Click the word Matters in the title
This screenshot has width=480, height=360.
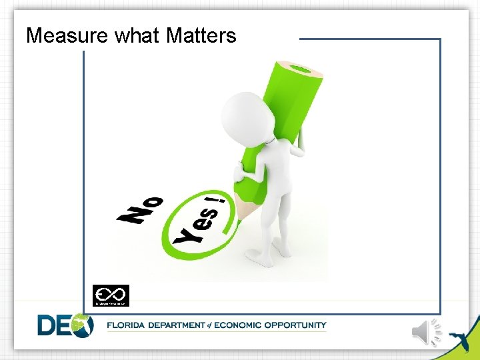click(201, 35)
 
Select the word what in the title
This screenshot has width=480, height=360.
click(137, 35)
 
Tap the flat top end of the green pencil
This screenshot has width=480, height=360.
click(303, 69)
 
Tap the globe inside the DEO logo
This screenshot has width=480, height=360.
click(83, 325)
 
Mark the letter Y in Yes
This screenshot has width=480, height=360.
click(184, 235)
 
